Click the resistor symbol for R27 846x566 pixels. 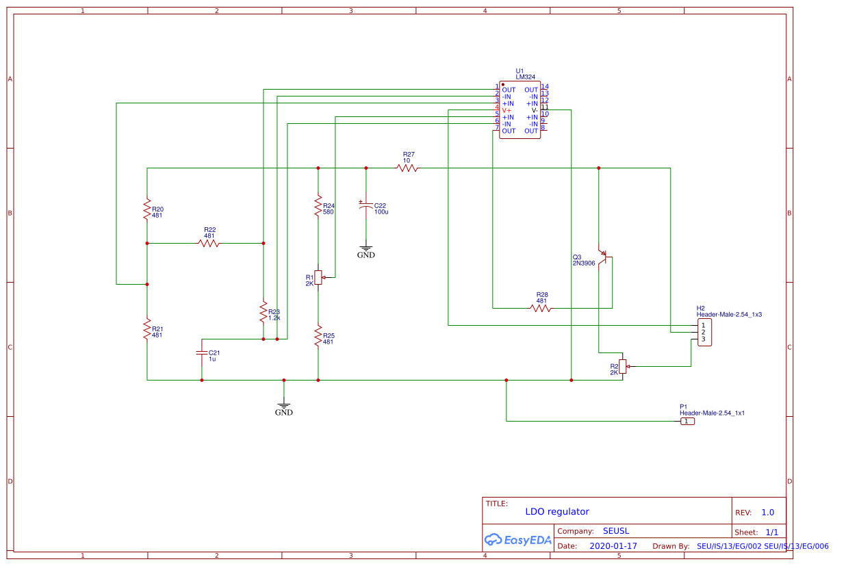(x=407, y=168)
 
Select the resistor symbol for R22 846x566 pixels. (x=209, y=243)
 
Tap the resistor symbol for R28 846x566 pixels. (x=541, y=308)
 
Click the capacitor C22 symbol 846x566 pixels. (x=366, y=205)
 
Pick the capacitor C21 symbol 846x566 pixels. (x=201, y=352)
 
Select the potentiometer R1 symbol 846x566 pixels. (x=318, y=277)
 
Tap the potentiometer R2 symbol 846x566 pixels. (x=622, y=367)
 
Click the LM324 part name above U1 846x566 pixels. (x=526, y=77)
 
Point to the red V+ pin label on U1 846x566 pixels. (x=507, y=110)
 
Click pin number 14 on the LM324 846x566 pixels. (x=545, y=87)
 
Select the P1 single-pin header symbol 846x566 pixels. (x=687, y=422)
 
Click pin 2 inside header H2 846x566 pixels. (x=703, y=332)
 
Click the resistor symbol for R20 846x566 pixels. (x=146, y=209)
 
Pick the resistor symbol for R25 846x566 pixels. (x=318, y=336)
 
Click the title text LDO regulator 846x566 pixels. (x=557, y=512)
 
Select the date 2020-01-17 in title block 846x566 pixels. (x=613, y=546)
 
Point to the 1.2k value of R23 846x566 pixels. (x=274, y=318)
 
